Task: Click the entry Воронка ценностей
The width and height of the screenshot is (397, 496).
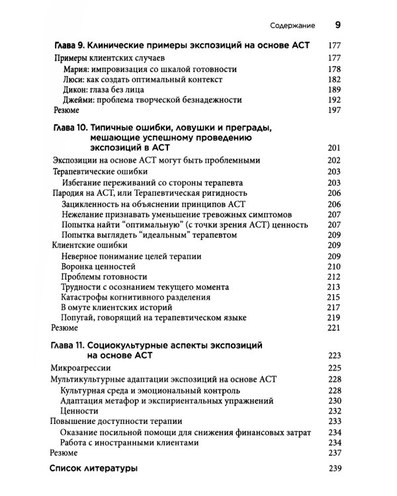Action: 97,266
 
